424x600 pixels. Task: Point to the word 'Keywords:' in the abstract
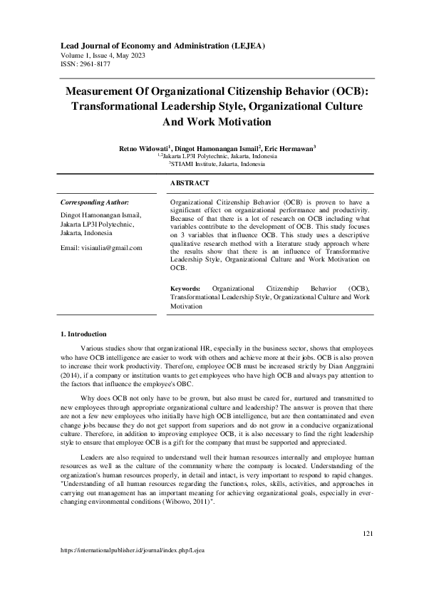[x=186, y=289]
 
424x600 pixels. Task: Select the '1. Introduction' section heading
[x=83, y=334]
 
